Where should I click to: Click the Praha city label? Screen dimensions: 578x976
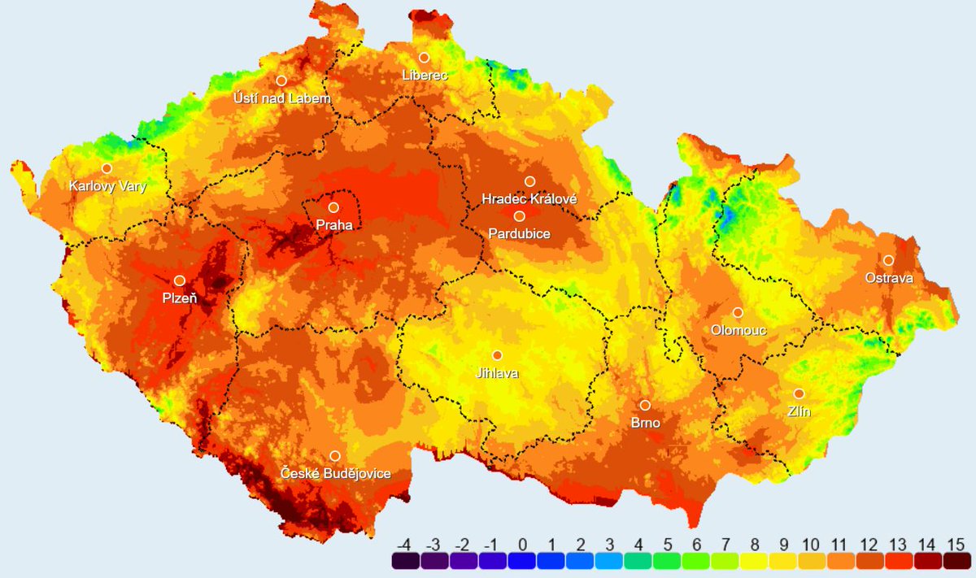click(x=334, y=225)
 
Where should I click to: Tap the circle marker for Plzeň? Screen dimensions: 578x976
click(x=180, y=280)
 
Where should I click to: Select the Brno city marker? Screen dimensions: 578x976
click(x=645, y=405)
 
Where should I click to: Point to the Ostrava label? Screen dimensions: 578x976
click(x=888, y=278)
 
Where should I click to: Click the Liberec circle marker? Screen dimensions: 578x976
click(x=424, y=57)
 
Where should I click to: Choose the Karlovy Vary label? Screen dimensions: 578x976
click(x=107, y=186)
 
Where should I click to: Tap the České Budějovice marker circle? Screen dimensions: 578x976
click(x=334, y=456)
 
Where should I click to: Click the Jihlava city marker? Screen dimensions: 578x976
click(x=497, y=355)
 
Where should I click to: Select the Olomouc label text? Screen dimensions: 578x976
click(x=739, y=330)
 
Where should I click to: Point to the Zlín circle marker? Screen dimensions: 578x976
click(x=799, y=393)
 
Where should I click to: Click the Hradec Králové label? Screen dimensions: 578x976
click(x=529, y=199)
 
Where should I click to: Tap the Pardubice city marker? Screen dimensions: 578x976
click(x=519, y=215)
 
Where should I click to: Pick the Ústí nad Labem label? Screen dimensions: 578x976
click(x=282, y=98)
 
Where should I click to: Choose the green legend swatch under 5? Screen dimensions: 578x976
click(x=667, y=561)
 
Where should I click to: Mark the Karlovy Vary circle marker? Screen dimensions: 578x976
click(x=107, y=168)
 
